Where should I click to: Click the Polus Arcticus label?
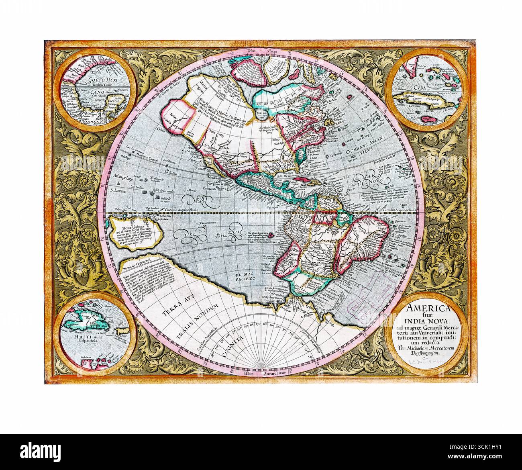tap(261, 52)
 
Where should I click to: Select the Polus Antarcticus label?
tap(261, 372)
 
